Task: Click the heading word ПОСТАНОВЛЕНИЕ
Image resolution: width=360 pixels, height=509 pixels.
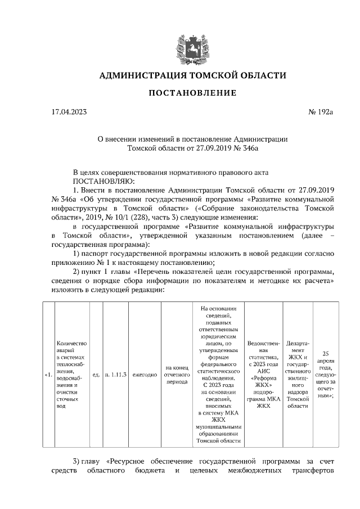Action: point(192,92)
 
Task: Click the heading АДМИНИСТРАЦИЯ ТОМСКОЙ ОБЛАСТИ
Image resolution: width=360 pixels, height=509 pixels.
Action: point(192,75)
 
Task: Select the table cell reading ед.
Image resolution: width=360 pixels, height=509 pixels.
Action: point(96,375)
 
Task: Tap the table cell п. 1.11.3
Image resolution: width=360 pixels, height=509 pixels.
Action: point(115,375)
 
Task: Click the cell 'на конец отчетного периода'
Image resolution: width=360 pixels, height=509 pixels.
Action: point(176,375)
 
